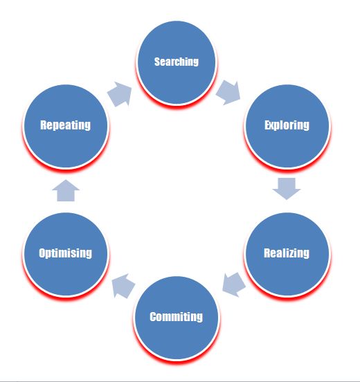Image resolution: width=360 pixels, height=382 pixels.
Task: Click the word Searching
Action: coord(177,62)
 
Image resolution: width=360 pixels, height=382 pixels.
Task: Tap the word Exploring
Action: coord(287,125)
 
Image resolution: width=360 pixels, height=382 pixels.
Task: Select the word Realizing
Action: coord(287,253)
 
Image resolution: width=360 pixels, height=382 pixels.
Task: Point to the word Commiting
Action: coord(176,317)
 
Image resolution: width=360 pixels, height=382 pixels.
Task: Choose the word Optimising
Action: coord(66,253)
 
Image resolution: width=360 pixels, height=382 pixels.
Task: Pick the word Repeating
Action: coord(65,125)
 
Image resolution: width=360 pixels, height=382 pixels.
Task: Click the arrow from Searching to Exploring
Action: coord(228,93)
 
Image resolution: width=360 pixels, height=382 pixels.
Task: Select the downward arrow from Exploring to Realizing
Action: coord(287,189)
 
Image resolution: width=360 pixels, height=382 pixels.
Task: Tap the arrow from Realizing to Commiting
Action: coord(234,284)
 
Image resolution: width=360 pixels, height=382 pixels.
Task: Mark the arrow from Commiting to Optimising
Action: coord(123,286)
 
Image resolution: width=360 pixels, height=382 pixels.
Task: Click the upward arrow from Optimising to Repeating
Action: coord(66,190)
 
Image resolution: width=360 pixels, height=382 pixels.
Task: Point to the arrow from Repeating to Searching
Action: coord(120,94)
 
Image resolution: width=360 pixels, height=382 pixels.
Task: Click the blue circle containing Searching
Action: coord(177,62)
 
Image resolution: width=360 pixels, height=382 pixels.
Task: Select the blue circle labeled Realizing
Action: coord(287,254)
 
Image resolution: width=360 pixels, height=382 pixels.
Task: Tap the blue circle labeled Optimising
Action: coord(66,254)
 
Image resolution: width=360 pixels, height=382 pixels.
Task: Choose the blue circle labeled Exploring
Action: coord(287,126)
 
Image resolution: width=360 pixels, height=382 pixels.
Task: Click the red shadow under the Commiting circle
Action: coord(177,361)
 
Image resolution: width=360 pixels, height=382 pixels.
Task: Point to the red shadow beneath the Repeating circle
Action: coord(66,170)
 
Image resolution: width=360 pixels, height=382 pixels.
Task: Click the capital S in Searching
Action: coord(157,62)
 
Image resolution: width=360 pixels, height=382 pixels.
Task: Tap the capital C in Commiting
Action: coord(153,317)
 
